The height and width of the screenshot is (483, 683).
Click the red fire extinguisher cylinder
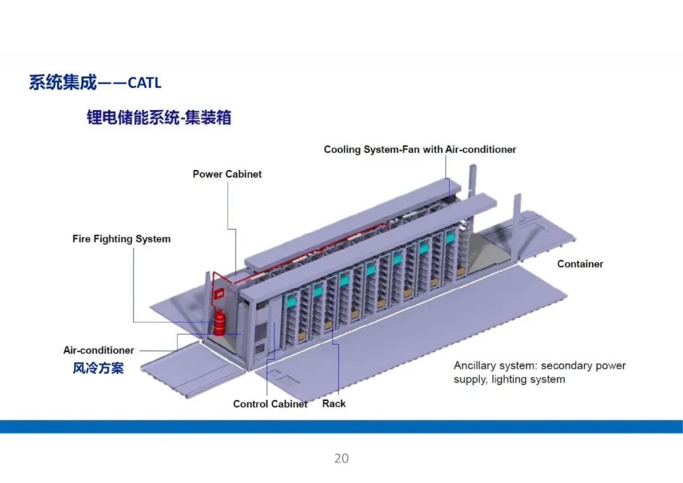tap(219, 322)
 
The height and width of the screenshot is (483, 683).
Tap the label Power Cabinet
tap(227, 174)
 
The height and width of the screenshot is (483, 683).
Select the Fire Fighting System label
tap(121, 239)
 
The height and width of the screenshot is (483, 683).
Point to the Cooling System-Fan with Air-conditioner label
tap(420, 150)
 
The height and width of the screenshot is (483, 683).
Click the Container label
tap(580, 264)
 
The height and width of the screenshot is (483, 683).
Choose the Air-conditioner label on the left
tap(99, 350)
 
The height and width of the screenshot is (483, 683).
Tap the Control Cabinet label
tap(270, 404)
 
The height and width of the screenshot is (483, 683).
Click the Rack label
tap(334, 403)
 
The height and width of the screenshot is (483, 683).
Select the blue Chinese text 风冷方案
tap(98, 368)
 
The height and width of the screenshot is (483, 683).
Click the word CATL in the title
tap(144, 83)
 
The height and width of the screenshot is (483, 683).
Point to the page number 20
tap(341, 458)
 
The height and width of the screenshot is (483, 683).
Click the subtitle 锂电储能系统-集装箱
tap(159, 118)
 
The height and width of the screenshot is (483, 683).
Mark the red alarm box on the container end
tap(219, 294)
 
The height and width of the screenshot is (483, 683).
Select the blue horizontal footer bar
tap(341, 427)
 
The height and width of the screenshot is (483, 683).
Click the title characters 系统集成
tap(63, 83)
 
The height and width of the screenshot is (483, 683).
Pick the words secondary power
tap(583, 365)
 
